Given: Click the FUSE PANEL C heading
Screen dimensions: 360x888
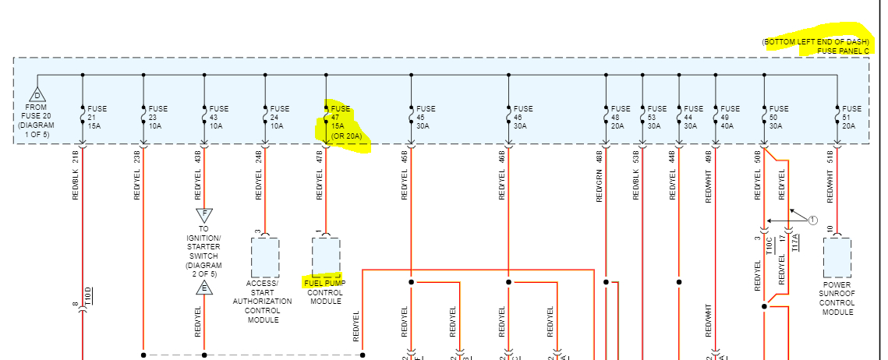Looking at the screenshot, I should [842, 51].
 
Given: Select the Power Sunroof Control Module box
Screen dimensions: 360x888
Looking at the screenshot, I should [837, 257].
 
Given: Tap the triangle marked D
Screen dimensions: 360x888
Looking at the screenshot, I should [37, 94].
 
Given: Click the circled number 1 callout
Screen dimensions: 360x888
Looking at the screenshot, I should [812, 221].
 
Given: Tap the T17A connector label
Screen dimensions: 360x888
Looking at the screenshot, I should [795, 243].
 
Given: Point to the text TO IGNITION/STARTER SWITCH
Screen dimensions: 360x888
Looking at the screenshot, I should [204, 247].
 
